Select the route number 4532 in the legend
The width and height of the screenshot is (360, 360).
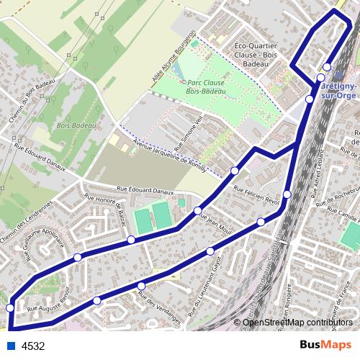33,346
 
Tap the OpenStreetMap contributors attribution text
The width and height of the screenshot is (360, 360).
298,322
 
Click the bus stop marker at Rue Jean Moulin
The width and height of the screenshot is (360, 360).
197,210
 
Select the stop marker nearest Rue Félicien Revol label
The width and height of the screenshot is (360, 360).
287,194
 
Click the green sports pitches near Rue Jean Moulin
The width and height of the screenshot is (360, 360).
153,217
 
